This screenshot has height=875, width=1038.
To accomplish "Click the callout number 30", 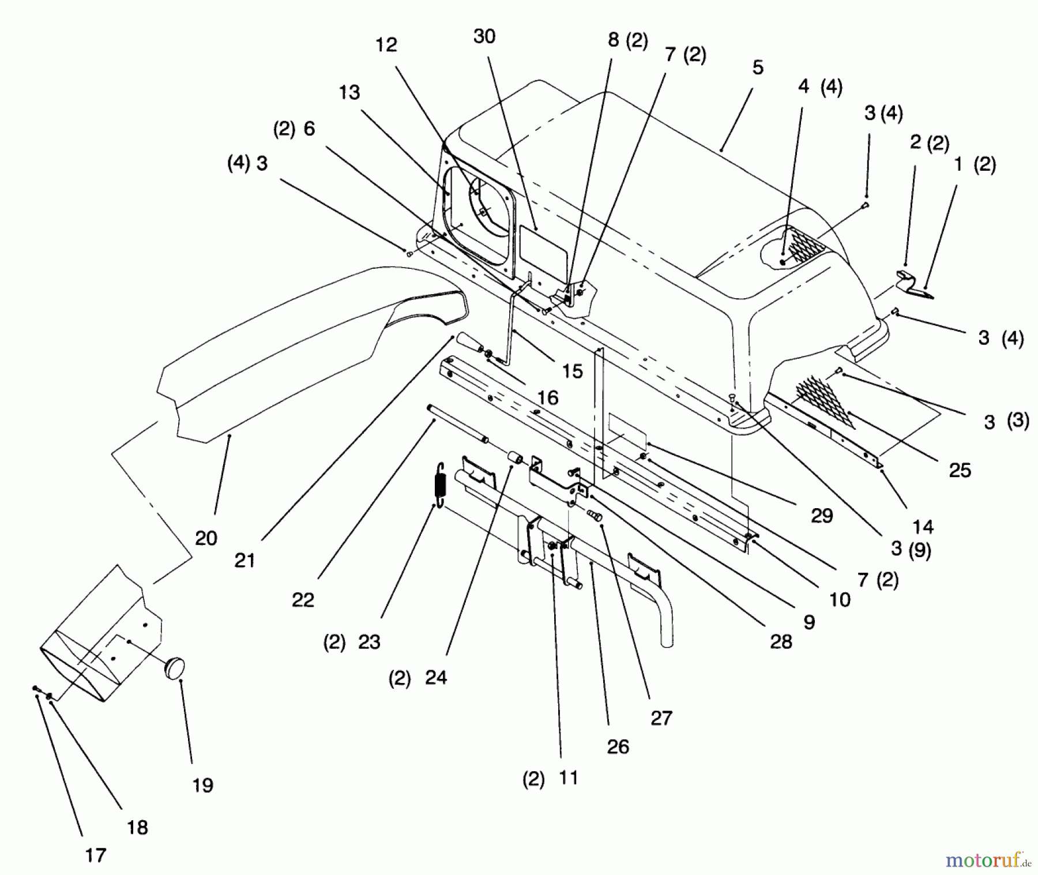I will coord(484,36).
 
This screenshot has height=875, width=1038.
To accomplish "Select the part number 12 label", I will coord(386,45).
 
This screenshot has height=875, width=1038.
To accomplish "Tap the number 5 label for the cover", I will coord(758,67).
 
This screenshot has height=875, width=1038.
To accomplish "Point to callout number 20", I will coord(206,538).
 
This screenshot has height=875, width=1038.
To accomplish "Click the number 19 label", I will coord(203,785).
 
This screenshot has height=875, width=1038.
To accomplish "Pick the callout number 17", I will coord(96,855).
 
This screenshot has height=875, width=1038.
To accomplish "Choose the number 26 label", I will coord(618,747).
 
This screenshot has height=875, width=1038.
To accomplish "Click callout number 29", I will coord(822,515).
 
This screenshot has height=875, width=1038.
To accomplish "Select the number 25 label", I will coord(960,470).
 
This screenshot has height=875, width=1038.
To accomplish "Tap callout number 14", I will coord(923,526).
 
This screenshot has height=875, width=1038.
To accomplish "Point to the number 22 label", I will coord(303,600).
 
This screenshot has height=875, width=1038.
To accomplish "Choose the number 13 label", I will coord(349,92).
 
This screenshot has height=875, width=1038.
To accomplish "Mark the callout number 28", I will coord(781,641).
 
